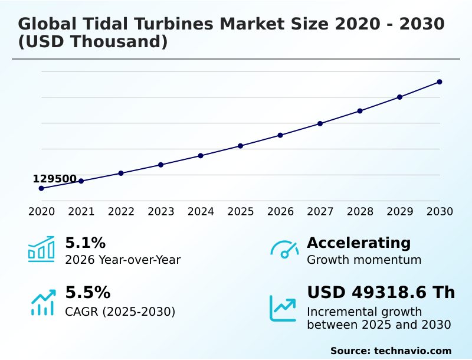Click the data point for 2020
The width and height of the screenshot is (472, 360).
41,188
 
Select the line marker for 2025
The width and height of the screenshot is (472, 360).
240,146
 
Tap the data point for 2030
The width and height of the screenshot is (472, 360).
440,82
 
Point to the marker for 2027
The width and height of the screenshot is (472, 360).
320,123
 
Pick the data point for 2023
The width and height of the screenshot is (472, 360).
160,165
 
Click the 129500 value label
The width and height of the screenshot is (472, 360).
54,179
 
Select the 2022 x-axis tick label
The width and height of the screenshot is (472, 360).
121,212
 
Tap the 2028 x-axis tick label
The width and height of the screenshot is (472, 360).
360,212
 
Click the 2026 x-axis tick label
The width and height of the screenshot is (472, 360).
280,212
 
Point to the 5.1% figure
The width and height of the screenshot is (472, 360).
85,243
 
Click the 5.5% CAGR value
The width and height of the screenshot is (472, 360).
87,293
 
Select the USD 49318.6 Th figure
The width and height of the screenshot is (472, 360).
381,293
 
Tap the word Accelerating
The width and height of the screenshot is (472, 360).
359,243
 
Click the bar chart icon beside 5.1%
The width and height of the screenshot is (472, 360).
41,249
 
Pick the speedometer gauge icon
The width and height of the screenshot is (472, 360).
284,249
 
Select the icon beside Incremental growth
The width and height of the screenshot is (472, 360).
283,308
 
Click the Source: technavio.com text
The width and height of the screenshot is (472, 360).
391,351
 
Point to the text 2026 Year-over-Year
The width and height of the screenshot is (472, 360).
123,260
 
